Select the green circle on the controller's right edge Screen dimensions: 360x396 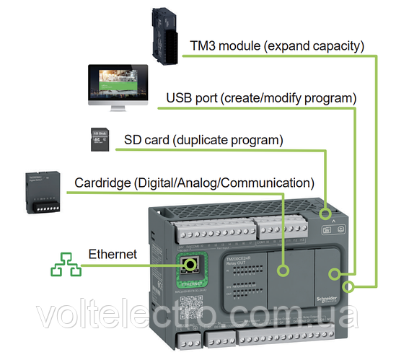351,287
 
